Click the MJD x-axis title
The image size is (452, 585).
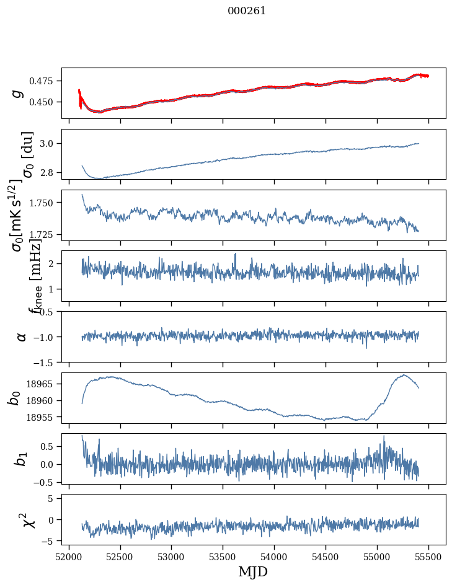tap(254, 572)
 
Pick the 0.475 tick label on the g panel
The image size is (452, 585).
tap(44, 81)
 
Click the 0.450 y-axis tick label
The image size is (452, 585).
tap(44, 102)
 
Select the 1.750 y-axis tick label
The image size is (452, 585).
tap(44, 203)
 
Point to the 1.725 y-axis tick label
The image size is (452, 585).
tap(44, 235)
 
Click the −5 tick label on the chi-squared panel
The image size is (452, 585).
tap(50, 541)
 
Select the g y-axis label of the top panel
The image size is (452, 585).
tap(18, 94)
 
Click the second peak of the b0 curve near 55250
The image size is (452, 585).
tap(404, 375)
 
